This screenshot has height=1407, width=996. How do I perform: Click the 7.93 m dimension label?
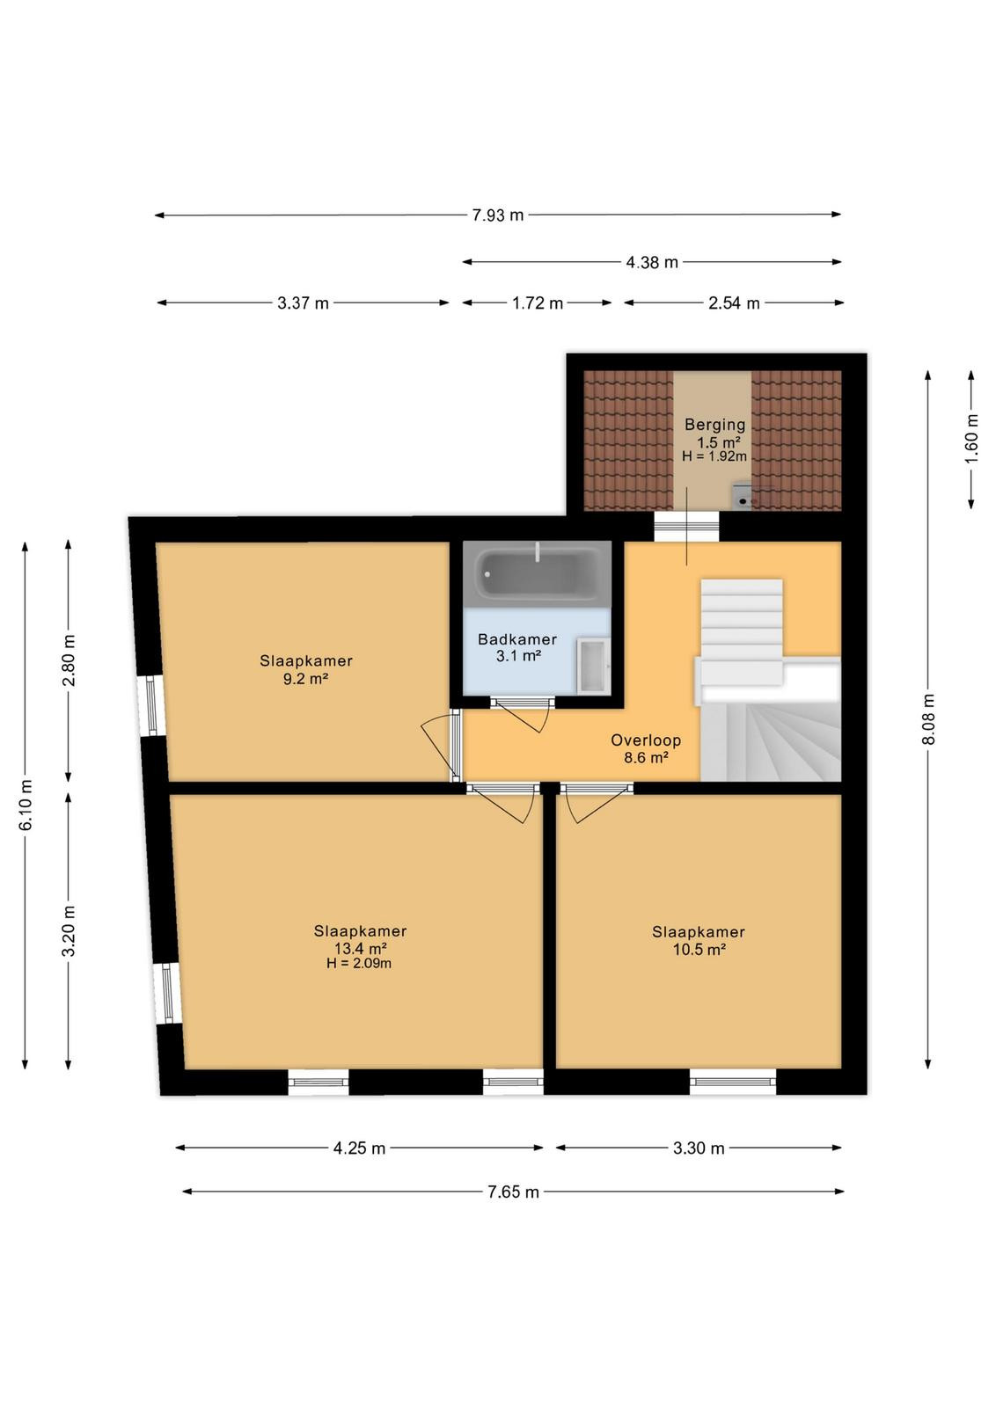498,215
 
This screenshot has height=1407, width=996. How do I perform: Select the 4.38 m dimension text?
652,263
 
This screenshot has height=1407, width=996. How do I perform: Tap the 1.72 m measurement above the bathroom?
538,303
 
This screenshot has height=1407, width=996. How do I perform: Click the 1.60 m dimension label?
971,438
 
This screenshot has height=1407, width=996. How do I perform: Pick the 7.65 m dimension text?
513,1192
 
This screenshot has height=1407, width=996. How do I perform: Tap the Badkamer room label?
517,640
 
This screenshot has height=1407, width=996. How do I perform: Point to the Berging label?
715,425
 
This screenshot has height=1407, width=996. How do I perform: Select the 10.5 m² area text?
699,949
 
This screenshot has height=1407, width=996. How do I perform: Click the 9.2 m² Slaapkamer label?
306,669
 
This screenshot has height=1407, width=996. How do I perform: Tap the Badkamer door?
522,714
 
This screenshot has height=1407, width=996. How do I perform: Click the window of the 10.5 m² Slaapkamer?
733,1082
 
